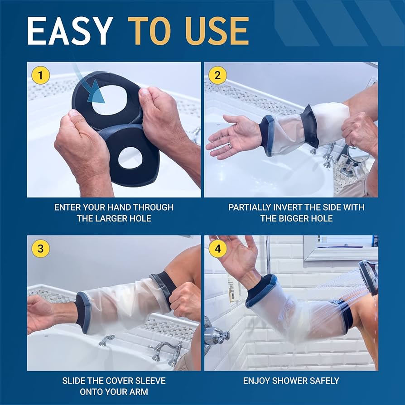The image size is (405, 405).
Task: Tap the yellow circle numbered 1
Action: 41,75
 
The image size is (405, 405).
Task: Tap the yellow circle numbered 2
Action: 217,75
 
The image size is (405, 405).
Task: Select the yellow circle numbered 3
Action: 41,249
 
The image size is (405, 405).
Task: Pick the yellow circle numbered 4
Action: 217,249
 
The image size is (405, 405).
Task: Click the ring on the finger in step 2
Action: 231,145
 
